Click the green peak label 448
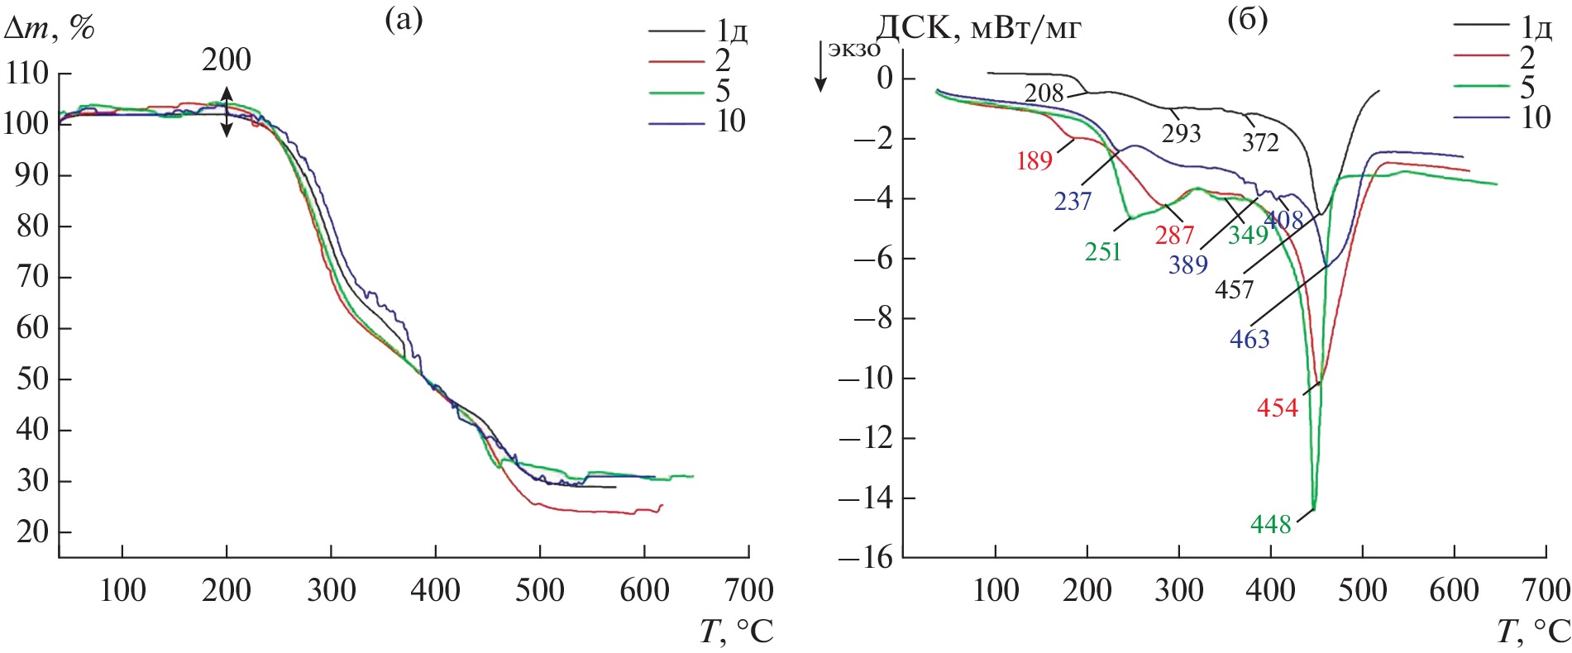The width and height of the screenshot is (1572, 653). pyautogui.click(x=1270, y=525)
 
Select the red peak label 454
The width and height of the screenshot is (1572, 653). pyautogui.click(x=1278, y=408)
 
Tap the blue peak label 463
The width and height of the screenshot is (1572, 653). pyautogui.click(x=1249, y=339)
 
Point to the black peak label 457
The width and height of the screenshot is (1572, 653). pyautogui.click(x=1234, y=289)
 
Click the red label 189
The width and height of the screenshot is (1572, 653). pyautogui.click(x=1034, y=161)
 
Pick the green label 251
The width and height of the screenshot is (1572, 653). pyautogui.click(x=1102, y=251)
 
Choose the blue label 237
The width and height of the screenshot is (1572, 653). pyautogui.click(x=1073, y=201)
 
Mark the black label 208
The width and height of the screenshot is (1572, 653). pyautogui.click(x=1044, y=93)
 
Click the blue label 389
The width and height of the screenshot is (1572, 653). pyautogui.click(x=1187, y=265)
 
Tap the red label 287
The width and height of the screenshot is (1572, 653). pyautogui.click(x=1174, y=236)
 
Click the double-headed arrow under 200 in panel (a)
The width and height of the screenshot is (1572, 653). pyautogui.click(x=227, y=112)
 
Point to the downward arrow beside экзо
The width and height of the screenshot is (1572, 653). pyautogui.click(x=821, y=66)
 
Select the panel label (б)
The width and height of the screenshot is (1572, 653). pyautogui.click(x=1247, y=19)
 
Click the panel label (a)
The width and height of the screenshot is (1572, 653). pyautogui.click(x=404, y=19)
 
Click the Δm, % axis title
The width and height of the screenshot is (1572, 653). pyautogui.click(x=50, y=29)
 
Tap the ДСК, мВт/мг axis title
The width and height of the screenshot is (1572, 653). pyautogui.click(x=978, y=30)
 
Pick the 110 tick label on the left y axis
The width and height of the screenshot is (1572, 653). pyautogui.click(x=26, y=74)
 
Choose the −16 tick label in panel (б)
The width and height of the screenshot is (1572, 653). pyautogui.click(x=866, y=558)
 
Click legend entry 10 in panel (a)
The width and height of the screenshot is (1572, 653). pyautogui.click(x=730, y=122)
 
